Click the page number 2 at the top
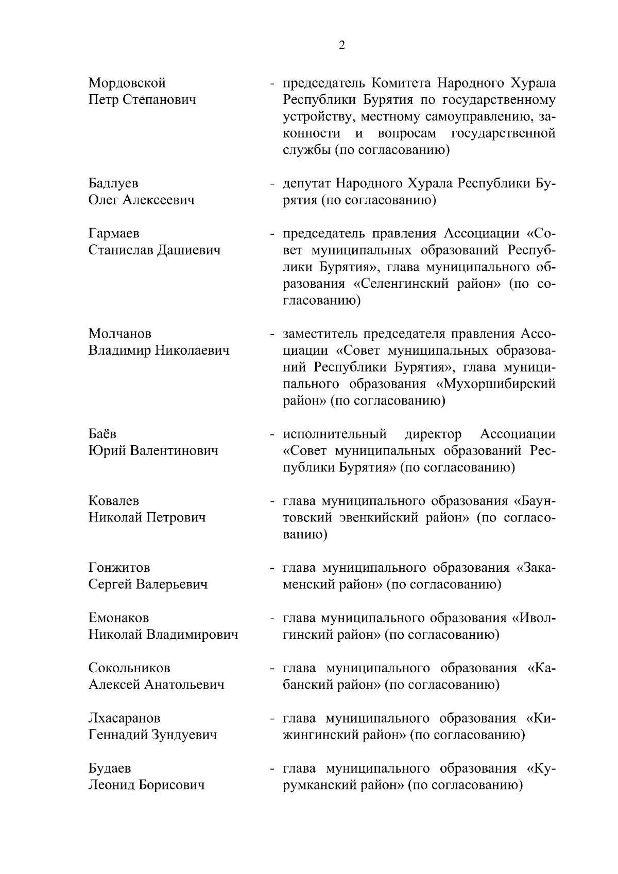tap(342, 45)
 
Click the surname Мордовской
tap(127, 83)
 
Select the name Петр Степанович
tap(142, 99)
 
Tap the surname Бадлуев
tap(113, 183)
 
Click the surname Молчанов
tap(120, 334)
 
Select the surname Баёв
tap(102, 434)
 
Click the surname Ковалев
tap(114, 501)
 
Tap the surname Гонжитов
tap(119, 568)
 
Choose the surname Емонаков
tap(118, 618)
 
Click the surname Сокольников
tap(129, 668)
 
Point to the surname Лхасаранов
tap(124, 718)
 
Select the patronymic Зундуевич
tap(183, 735)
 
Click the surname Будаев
tap(110, 768)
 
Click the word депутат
tap(307, 183)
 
